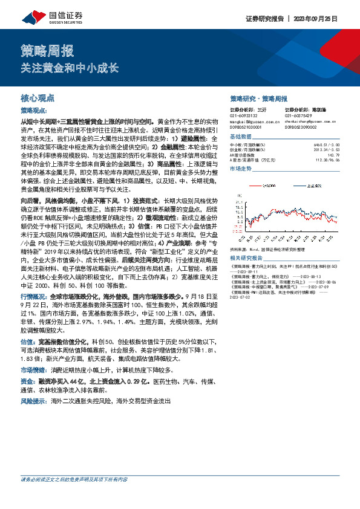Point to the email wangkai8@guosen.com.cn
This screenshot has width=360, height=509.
249,121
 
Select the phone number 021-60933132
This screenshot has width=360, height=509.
243,116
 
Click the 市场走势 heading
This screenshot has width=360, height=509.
240,169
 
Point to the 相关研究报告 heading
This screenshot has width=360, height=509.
245,240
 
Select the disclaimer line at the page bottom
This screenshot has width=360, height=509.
74,496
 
